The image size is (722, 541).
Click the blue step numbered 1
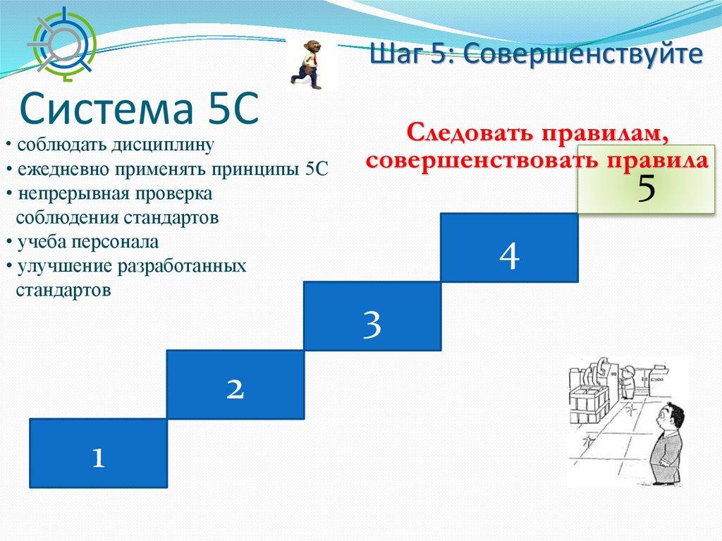point(98,453)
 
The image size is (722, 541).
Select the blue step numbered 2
point(235,384)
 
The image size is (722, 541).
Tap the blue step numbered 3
point(372,316)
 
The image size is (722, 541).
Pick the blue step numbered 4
point(509,248)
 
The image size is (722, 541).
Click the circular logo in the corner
point(62,43)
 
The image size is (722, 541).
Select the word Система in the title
point(106,109)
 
